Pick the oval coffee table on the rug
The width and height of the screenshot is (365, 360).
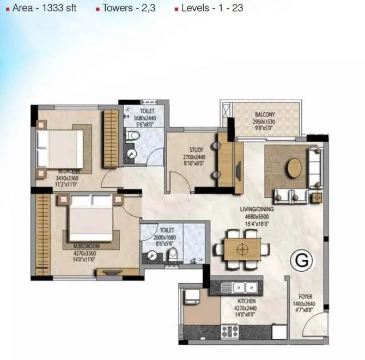tap(295, 168)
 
